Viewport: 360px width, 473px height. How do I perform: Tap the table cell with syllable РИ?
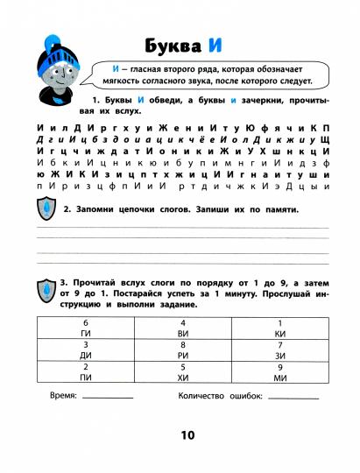180,351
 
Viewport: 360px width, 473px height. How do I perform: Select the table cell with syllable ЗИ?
279,351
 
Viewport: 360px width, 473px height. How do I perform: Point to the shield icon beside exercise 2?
46,210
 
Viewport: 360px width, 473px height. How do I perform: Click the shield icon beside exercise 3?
46,287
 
